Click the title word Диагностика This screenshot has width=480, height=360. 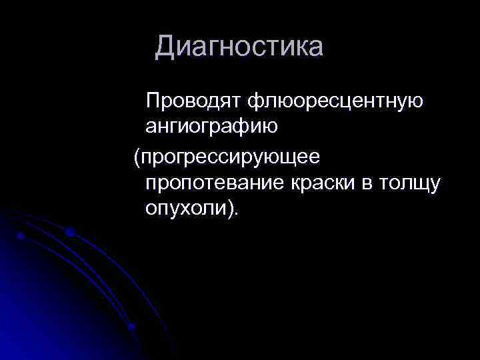pyautogui.click(x=239, y=47)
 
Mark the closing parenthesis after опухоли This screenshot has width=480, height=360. pyautogui.click(x=229, y=208)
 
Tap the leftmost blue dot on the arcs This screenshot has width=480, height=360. pyautogui.click(x=21, y=236)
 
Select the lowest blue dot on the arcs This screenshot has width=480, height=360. pyautogui.click(x=131, y=327)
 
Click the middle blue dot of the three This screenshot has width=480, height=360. pyautogui.click(x=69, y=233)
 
